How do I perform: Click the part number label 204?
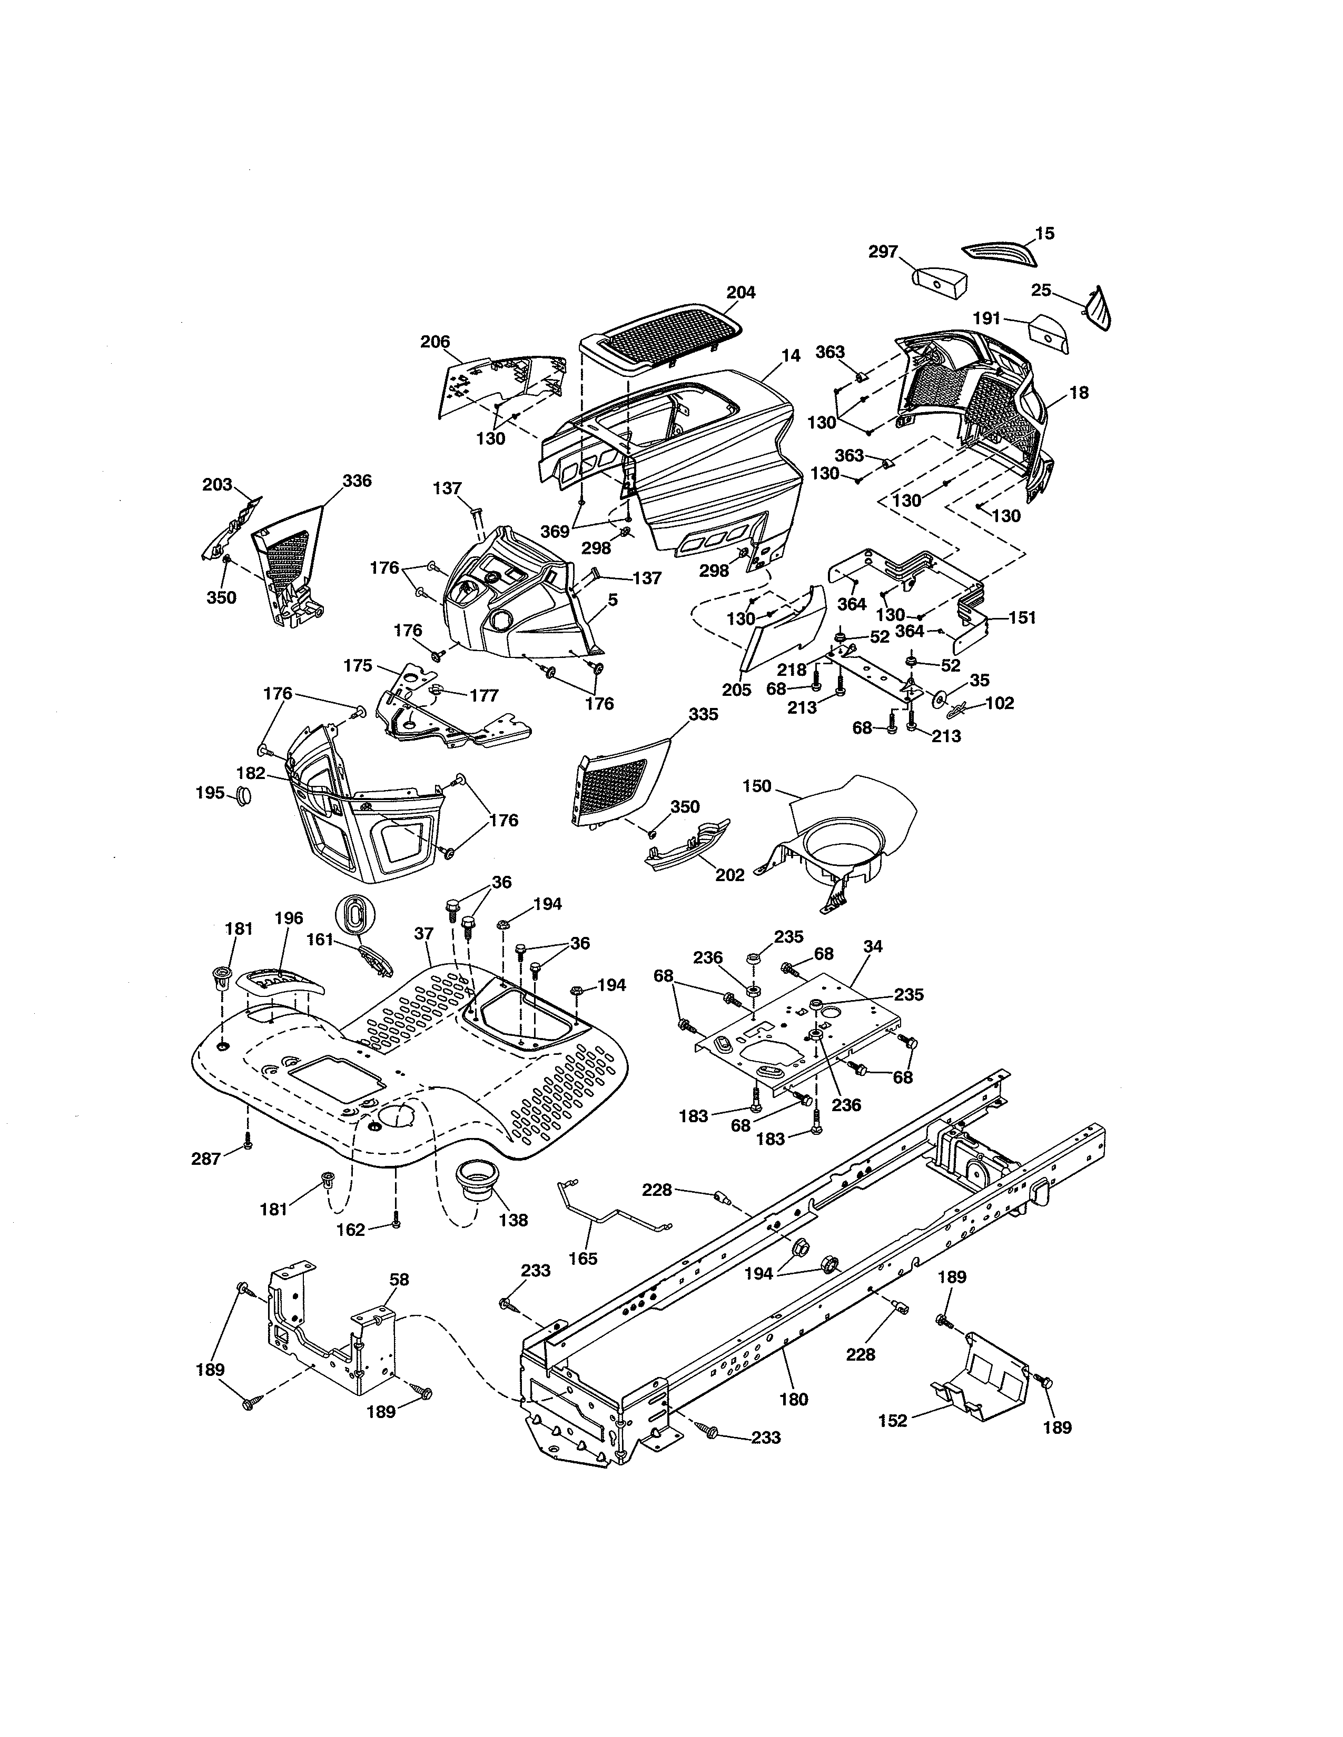point(740,293)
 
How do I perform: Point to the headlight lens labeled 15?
point(1002,253)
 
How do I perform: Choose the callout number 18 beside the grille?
point(1079,393)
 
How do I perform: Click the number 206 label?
point(435,342)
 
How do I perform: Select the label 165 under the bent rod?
point(589,1258)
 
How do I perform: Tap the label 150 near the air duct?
point(757,786)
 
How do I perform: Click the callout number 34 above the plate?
point(873,946)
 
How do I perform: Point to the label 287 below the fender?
point(205,1159)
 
